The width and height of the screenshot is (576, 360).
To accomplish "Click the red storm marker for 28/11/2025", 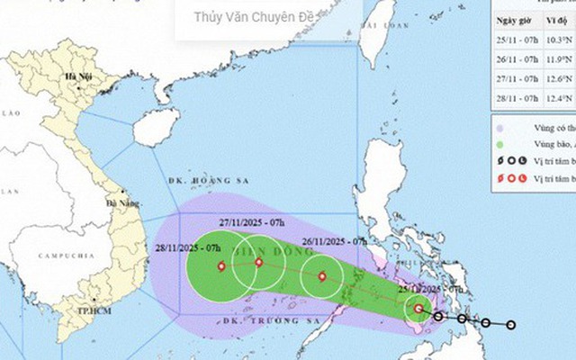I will pos(220,265).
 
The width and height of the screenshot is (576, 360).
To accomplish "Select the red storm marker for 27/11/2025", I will pos(258,263).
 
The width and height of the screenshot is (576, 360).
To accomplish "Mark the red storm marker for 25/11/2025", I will pos(418,310).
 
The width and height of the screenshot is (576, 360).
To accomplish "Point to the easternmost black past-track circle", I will pos(510,325).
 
